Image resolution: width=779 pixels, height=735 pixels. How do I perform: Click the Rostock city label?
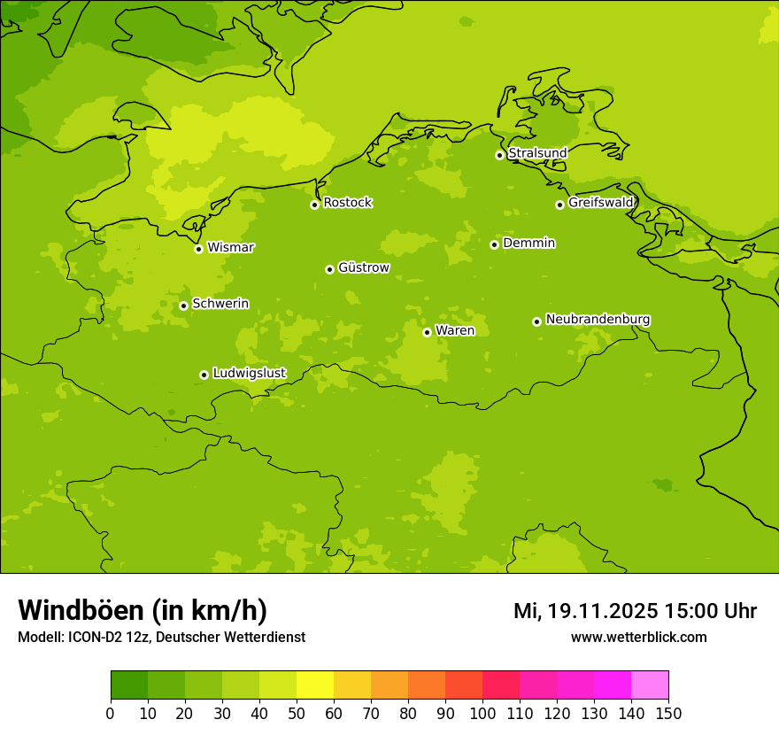pos(347,203)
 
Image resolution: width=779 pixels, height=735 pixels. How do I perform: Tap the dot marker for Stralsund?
pos(499,155)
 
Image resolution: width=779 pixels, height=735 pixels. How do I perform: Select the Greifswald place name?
pos(600,203)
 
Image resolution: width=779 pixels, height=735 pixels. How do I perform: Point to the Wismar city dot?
pos(198,249)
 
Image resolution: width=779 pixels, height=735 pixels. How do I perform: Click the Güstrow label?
pos(363,267)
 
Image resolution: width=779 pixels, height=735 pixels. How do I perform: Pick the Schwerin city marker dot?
pos(183,306)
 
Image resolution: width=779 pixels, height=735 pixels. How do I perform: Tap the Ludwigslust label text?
pos(249,373)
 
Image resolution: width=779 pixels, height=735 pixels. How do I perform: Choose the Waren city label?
pos(455,330)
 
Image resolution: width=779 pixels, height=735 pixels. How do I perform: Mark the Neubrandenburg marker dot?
pos(536,321)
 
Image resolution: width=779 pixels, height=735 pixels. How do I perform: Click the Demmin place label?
pos(528,243)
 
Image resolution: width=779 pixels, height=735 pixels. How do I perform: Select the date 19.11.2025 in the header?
pos(602,611)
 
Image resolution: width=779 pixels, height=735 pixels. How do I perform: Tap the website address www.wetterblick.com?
pos(638,638)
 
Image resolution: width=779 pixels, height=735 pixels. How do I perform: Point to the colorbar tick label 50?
pos(297,713)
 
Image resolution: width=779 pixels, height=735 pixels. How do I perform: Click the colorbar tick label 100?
pos(482,713)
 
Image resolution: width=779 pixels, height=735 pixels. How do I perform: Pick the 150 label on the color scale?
pos(668,713)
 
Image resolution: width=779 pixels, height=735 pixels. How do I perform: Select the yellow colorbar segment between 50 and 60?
pos(315,685)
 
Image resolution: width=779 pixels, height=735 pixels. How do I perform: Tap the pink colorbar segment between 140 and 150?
pos(650,685)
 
